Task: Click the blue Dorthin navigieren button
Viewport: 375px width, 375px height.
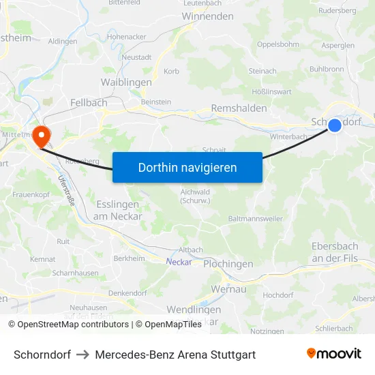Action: click(x=187, y=167)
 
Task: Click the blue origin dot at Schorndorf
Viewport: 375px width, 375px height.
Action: click(x=334, y=125)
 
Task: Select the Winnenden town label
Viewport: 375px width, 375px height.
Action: click(x=208, y=16)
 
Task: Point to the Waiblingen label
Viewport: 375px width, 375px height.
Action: click(x=126, y=82)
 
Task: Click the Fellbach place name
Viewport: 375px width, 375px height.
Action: click(x=89, y=102)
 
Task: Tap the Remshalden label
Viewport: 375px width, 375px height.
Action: click(x=239, y=108)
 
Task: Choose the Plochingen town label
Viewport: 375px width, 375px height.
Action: click(x=228, y=264)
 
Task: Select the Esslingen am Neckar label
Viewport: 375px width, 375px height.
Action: click(x=119, y=210)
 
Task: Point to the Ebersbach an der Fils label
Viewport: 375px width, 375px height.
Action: click(x=335, y=252)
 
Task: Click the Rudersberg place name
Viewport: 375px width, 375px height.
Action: click(x=337, y=11)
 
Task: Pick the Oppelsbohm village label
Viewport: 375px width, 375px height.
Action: click(x=277, y=44)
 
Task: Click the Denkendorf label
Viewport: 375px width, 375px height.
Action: click(x=127, y=292)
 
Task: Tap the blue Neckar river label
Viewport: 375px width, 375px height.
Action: click(x=178, y=261)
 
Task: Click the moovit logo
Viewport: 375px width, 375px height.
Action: click(x=334, y=354)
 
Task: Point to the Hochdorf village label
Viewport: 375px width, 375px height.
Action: click(x=277, y=295)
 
